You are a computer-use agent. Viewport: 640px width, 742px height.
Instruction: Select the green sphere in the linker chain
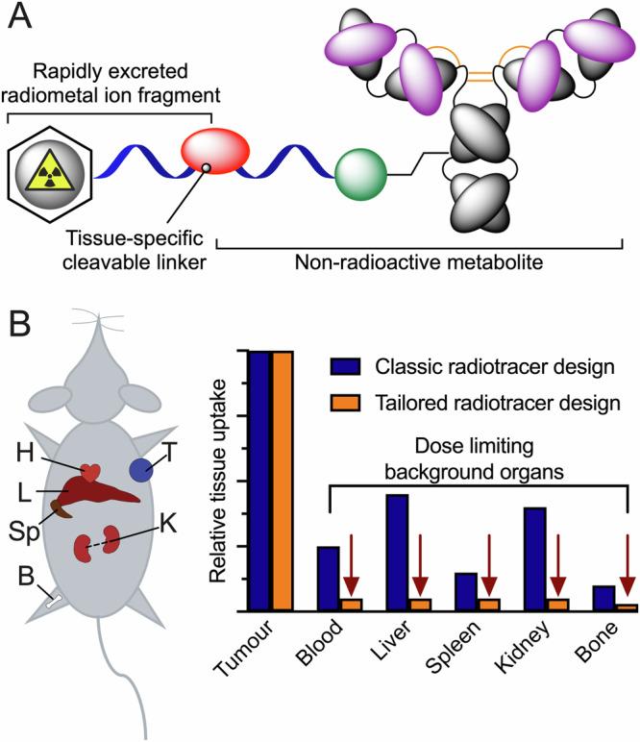point(360,176)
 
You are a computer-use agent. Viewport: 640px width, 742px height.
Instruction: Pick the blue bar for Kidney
point(535,558)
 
